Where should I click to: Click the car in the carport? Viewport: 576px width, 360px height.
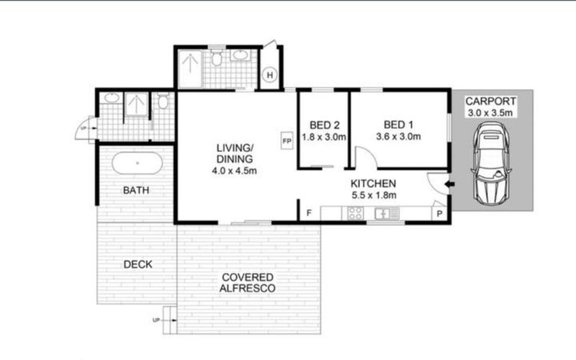491,163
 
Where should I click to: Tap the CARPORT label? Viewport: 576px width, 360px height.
491,101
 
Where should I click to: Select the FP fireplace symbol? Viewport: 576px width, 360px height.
287,140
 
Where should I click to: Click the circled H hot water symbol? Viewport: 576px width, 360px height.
270,76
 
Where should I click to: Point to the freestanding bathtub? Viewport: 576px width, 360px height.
137,163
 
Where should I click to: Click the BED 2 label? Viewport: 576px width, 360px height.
325,125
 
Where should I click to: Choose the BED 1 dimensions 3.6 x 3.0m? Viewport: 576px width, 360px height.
398,137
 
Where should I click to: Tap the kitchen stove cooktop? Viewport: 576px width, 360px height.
355,213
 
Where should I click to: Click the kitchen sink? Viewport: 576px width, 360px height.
387,213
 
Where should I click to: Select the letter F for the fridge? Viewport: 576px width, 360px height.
309,213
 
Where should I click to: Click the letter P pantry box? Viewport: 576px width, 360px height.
439,213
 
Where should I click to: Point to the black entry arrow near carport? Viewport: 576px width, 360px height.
449,184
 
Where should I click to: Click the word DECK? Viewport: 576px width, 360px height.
138,264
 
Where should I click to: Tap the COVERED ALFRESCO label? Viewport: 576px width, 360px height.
248,283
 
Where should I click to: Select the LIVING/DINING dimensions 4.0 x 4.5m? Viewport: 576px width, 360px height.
235,171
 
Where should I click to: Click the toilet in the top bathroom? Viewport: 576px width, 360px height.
217,58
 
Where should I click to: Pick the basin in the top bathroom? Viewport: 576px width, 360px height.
240,55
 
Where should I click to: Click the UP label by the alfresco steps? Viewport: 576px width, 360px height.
156,320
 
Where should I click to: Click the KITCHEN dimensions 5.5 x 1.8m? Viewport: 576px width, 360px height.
374,195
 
